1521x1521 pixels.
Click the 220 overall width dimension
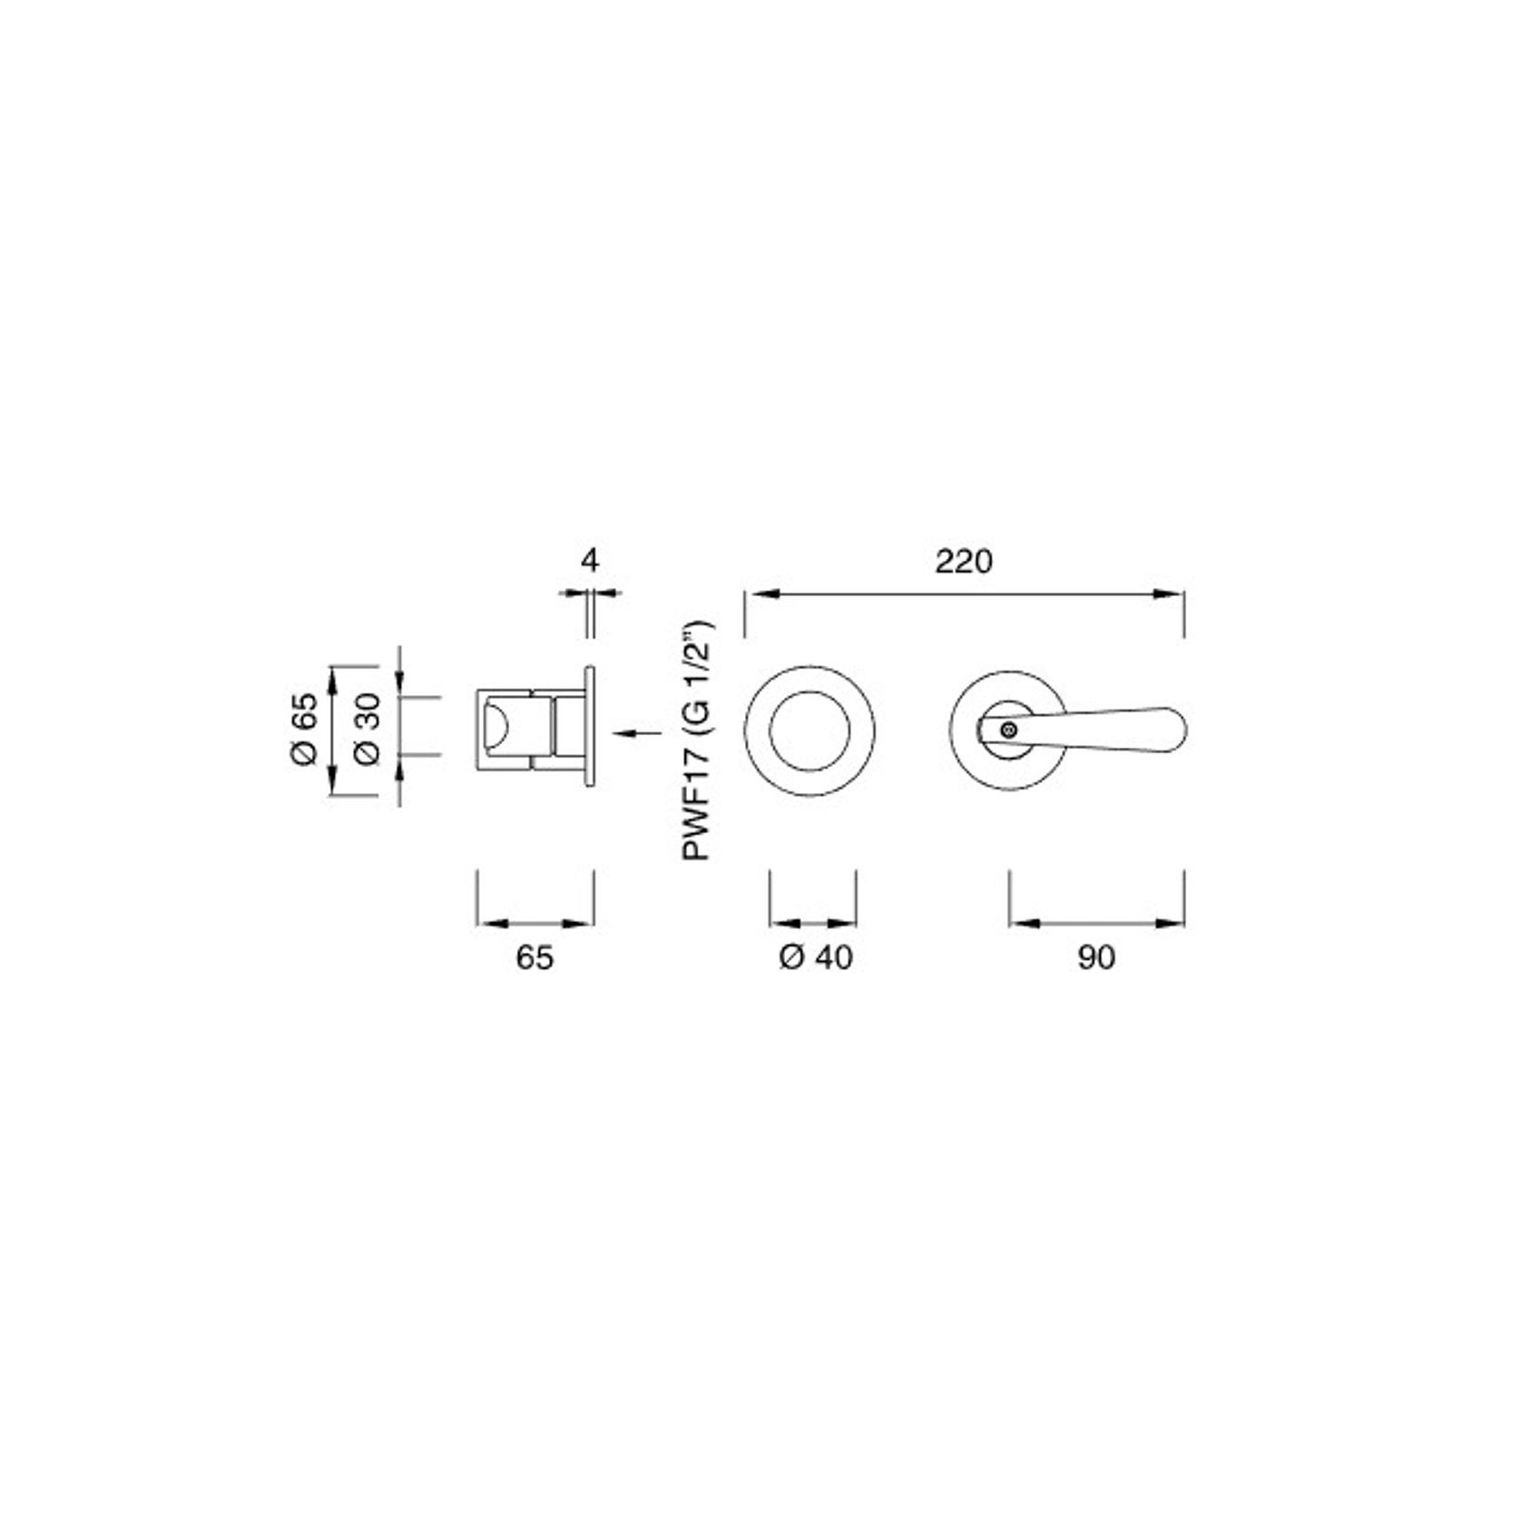(x=964, y=562)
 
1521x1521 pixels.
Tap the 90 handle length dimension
(x=1096, y=957)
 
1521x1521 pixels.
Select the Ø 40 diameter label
(x=815, y=957)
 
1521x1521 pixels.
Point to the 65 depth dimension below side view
(x=535, y=957)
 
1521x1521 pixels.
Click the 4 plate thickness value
(x=590, y=560)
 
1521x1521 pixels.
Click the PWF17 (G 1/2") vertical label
(x=698, y=741)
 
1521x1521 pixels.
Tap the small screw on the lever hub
(x=1006, y=728)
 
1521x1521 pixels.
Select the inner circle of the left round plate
(x=810, y=731)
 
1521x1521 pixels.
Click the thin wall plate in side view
(x=590, y=726)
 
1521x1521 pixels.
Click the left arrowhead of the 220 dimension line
(x=758, y=594)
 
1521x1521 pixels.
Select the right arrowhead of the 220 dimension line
(x=1172, y=594)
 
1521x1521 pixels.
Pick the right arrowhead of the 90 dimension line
(x=1172, y=924)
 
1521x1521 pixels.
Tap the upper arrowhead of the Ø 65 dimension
(x=333, y=680)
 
